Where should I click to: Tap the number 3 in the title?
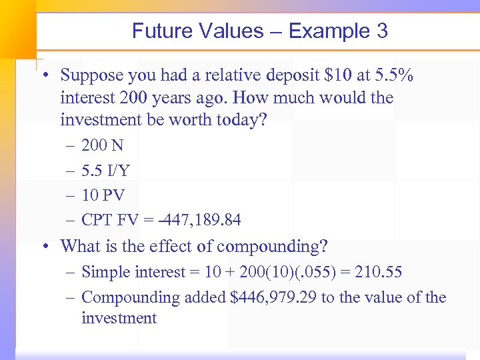coord(382,31)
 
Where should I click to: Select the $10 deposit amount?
coord(319,76)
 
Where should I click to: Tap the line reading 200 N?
coord(102,145)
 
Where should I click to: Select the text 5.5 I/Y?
coord(105,171)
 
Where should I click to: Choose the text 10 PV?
coord(103,195)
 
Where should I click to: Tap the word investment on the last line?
coord(119,318)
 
